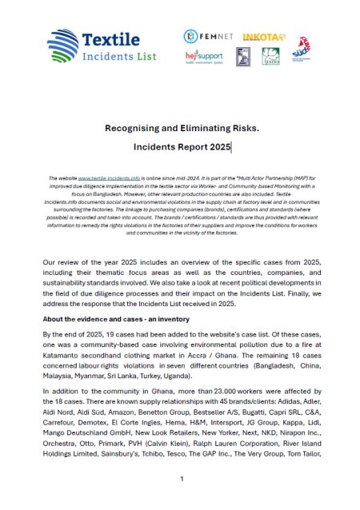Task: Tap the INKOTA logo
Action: click(x=258, y=36)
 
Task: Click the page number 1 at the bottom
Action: click(x=182, y=479)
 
